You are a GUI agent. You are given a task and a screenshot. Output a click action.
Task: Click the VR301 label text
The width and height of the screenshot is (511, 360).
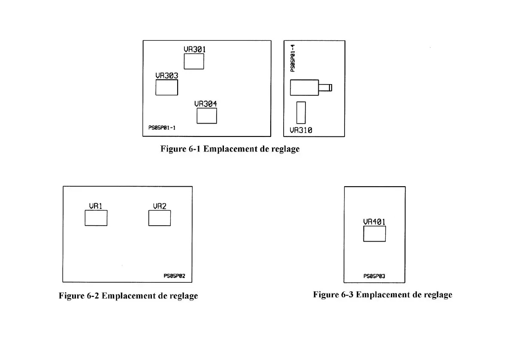[194, 49]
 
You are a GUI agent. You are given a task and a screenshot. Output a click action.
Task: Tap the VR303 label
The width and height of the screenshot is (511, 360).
[166, 76]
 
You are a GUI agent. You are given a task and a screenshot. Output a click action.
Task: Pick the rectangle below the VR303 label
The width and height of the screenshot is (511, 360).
[166, 88]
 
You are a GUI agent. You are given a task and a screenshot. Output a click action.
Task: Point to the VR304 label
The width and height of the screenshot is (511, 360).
[206, 104]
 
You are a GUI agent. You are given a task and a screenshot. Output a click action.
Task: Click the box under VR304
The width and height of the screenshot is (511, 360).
[206, 116]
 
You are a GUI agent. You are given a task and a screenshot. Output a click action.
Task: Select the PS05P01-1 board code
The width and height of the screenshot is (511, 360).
[162, 127]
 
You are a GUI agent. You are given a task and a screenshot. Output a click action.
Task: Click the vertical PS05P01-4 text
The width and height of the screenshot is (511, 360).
[293, 58]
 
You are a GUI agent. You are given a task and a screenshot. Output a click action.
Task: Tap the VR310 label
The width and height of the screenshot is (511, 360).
[301, 130]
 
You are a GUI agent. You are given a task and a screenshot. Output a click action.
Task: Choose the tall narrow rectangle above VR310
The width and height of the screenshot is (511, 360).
[301, 112]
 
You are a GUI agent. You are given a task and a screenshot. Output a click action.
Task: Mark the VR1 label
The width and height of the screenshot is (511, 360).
[95, 206]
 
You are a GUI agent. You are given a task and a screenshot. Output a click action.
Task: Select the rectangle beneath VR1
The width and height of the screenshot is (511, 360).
[96, 218]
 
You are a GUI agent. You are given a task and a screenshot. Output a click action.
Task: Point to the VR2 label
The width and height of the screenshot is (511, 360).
[160, 206]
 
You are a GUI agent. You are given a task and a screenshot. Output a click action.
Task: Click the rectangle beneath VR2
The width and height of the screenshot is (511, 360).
[160, 218]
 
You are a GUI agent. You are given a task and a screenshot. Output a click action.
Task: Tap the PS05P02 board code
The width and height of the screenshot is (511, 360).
[174, 276]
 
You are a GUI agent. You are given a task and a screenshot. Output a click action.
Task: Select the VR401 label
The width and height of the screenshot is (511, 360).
[374, 222]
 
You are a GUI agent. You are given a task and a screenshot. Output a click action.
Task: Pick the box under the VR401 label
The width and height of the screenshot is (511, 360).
[374, 234]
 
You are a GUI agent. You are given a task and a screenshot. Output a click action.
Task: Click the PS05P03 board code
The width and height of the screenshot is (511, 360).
[374, 276]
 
